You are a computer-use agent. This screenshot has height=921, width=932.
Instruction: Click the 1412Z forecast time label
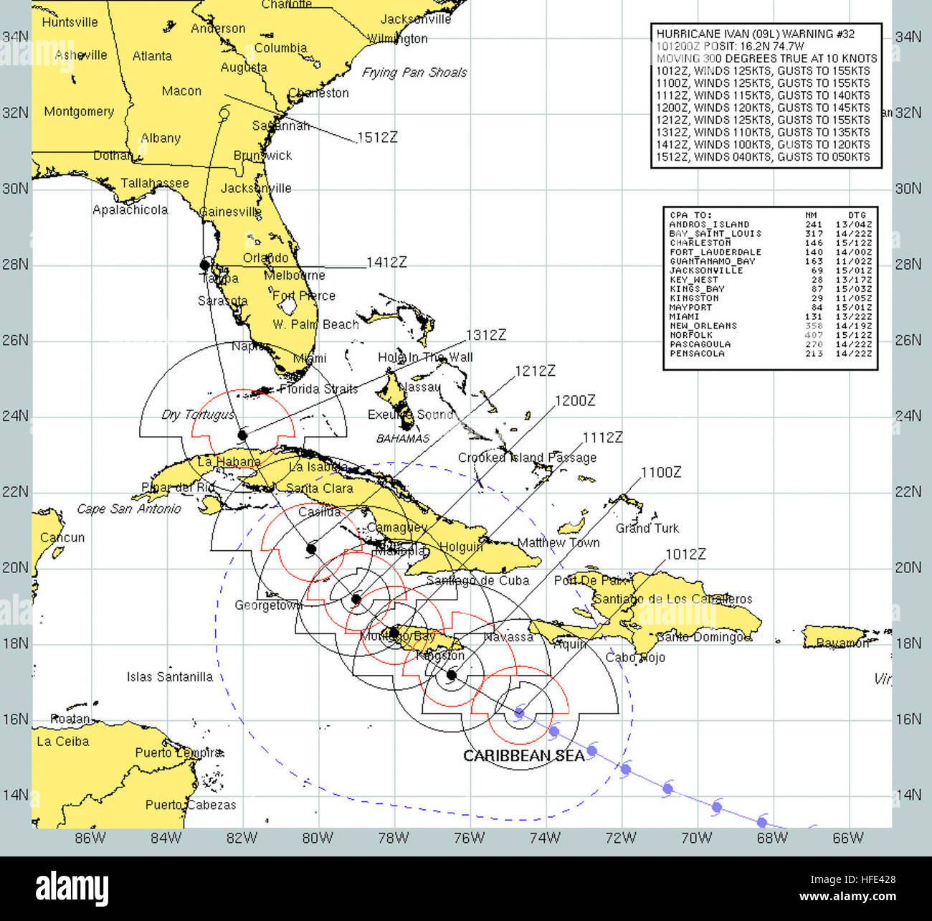click(386, 263)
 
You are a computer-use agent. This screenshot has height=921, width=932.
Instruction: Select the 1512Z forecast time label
click(376, 137)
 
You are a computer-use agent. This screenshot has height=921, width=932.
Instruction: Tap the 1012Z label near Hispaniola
click(685, 554)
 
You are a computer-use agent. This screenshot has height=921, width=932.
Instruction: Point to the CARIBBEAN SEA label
click(523, 756)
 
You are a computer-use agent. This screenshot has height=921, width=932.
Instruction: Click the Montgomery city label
click(79, 112)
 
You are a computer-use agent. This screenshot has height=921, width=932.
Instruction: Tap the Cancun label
click(62, 537)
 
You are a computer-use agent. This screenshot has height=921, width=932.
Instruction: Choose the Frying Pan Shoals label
click(414, 72)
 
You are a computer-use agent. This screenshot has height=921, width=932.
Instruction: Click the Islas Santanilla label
click(169, 676)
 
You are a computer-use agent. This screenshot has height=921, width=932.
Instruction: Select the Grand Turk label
click(647, 528)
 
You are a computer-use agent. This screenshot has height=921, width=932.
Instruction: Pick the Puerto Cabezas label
click(191, 805)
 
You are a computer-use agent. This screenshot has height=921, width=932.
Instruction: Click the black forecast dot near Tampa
click(205, 265)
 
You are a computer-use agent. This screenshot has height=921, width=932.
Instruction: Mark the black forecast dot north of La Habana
click(242, 435)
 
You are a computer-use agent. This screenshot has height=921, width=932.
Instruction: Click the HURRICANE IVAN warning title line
click(755, 34)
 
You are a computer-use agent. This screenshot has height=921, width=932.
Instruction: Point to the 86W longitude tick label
click(90, 838)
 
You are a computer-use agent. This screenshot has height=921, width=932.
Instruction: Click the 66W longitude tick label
click(848, 838)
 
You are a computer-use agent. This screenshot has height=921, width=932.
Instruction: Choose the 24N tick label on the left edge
click(15, 416)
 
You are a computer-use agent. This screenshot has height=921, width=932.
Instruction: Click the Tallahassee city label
click(154, 183)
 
